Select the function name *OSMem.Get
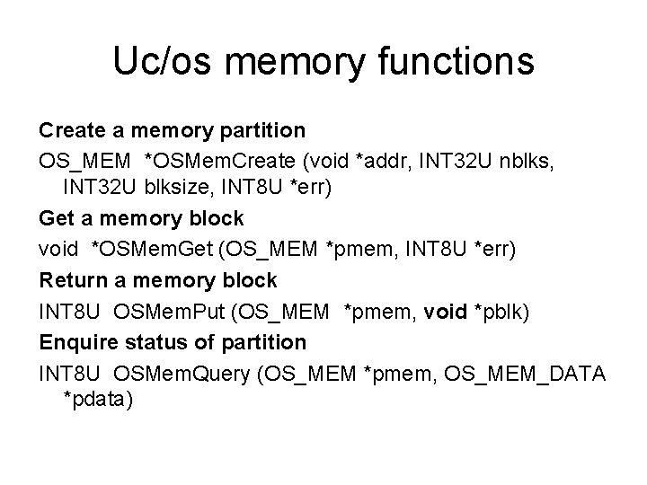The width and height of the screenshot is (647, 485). [x=154, y=249]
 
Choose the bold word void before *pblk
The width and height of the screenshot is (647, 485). [x=445, y=311]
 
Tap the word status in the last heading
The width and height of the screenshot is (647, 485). [x=149, y=342]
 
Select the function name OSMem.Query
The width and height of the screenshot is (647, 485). [x=179, y=372]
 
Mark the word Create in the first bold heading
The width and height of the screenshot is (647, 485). [x=72, y=130]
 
